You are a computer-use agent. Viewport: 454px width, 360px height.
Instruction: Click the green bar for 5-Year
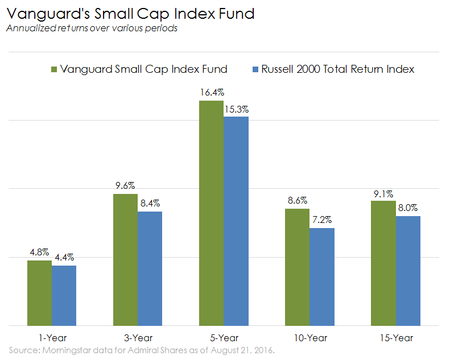211,213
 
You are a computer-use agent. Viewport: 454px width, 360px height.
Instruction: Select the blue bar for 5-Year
236,221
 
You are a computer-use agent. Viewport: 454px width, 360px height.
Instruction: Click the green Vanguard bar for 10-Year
297,267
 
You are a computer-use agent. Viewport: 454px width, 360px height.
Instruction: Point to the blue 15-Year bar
408,271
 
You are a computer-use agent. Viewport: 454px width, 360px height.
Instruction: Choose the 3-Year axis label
138,338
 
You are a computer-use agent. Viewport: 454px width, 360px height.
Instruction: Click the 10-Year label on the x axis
309,338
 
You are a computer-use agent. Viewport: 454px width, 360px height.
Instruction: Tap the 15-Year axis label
395,338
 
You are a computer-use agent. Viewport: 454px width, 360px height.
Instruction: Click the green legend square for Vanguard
54,69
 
